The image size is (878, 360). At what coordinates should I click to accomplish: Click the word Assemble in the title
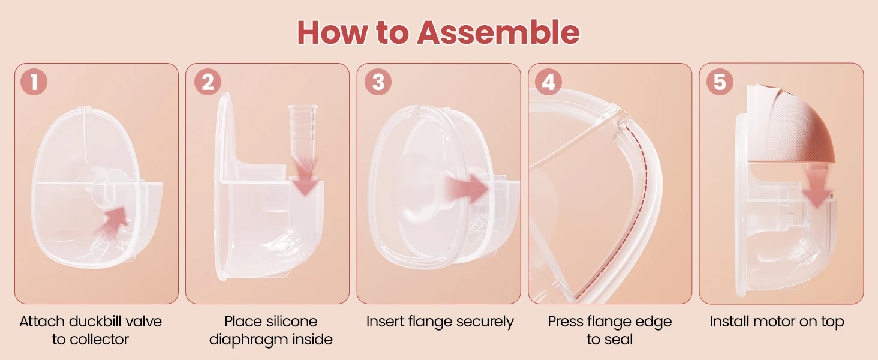[x=498, y=32]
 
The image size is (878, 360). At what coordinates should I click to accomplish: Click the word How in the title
[x=332, y=32]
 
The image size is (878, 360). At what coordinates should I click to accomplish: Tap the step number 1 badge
[x=34, y=82]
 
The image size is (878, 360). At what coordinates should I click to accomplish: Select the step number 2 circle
[x=208, y=82]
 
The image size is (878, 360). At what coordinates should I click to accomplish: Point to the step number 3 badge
[x=378, y=82]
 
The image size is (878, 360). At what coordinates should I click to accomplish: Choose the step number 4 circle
[x=548, y=82]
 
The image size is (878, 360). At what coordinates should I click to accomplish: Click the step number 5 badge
[x=720, y=82]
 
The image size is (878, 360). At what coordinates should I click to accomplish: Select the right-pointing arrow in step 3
[x=467, y=188]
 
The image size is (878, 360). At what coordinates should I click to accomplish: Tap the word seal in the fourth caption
[x=619, y=339]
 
